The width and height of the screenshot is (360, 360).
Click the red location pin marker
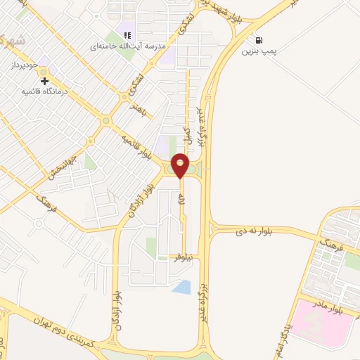point(181,166)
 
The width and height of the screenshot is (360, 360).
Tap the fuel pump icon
point(260,40)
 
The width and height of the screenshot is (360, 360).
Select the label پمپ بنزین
point(259,51)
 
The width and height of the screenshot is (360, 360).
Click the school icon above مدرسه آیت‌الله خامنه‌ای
point(127,35)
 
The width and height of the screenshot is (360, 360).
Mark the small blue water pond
point(181,286)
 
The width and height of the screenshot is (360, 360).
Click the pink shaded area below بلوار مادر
point(320,320)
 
